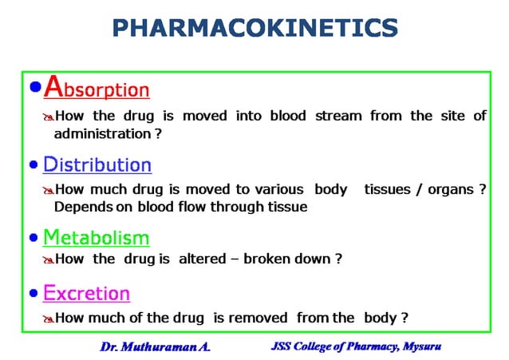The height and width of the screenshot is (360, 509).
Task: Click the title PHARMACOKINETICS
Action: pyautogui.click(x=254, y=28)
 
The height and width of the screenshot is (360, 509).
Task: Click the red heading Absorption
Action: pyautogui.click(x=97, y=87)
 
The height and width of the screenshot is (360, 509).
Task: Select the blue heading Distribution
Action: pyautogui.click(x=97, y=165)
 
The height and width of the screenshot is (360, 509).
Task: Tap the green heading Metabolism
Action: pyautogui.click(x=96, y=237)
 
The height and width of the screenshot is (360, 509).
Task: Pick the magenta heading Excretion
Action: pyautogui.click(x=86, y=293)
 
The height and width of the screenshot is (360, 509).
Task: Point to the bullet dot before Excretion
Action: pyautogui.click(x=34, y=294)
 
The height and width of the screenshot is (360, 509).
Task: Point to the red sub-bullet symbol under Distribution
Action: pyautogui.click(x=47, y=191)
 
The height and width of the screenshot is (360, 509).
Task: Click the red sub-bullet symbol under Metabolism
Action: pyautogui.click(x=47, y=260)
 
